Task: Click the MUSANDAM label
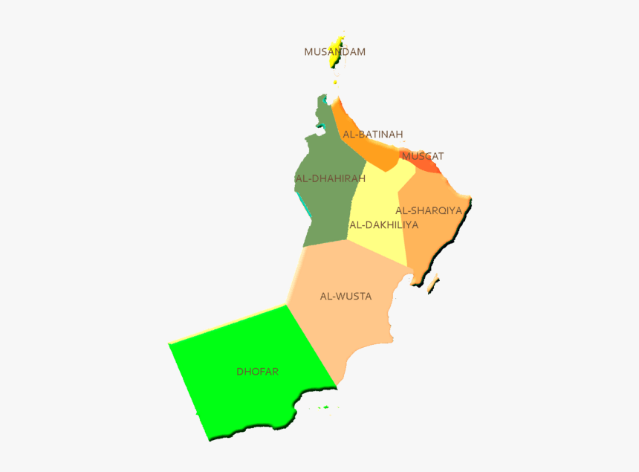click(x=334, y=52)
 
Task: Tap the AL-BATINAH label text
click(x=372, y=135)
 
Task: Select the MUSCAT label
click(x=422, y=157)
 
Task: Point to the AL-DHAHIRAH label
click(x=330, y=179)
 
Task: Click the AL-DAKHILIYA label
click(x=383, y=224)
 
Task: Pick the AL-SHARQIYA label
click(x=429, y=210)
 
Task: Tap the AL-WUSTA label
click(x=346, y=297)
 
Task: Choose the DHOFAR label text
click(x=257, y=372)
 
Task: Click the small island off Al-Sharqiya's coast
click(x=432, y=283)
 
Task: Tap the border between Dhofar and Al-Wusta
click(x=312, y=346)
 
